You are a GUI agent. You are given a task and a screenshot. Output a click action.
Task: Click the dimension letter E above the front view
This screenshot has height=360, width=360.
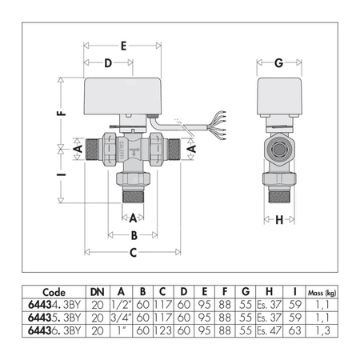pyautogui.click(x=123, y=46)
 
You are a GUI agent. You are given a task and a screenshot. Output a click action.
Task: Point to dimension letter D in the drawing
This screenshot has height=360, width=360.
pyautogui.click(x=106, y=63)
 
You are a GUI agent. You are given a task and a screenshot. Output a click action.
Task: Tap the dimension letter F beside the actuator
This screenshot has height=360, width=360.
pyautogui.click(x=61, y=114)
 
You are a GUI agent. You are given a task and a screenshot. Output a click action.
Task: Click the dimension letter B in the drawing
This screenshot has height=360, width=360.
pyautogui.click(x=134, y=235)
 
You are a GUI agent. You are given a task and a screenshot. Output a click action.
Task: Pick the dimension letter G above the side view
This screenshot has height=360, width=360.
pyautogui.click(x=278, y=63)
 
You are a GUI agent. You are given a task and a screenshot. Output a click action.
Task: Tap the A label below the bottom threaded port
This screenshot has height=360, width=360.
pyautogui.click(x=134, y=217)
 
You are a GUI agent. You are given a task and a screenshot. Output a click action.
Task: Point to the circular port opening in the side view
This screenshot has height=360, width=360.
pyautogui.click(x=280, y=149)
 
